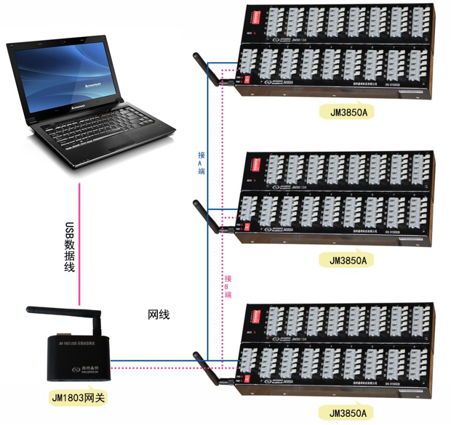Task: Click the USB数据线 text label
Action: tap(69, 247)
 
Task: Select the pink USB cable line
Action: tap(80, 244)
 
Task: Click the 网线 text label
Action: tap(158, 315)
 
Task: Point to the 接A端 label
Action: tap(201, 163)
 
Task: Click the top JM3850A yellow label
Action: tap(348, 113)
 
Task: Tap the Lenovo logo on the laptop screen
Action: tap(93, 85)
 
